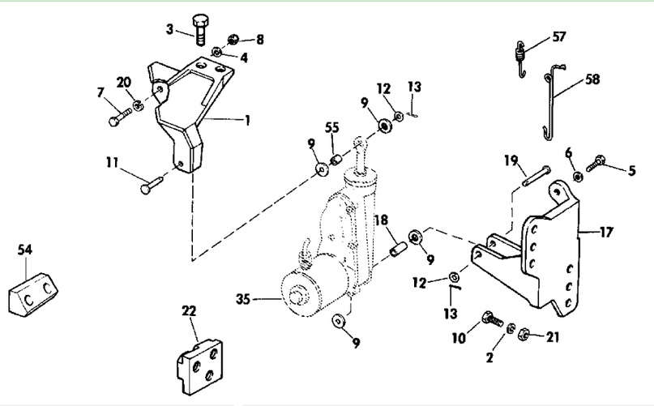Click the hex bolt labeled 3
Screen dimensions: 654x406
tap(200, 29)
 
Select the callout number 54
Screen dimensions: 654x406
tap(24, 250)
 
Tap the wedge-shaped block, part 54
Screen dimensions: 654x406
tap(33, 293)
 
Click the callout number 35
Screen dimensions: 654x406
tap(243, 299)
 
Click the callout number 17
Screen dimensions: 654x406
tap(606, 232)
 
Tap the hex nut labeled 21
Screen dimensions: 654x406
tap(524, 334)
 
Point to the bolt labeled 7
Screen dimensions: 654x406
tap(120, 117)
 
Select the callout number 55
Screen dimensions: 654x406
tap(332, 127)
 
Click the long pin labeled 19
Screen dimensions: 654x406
tap(536, 177)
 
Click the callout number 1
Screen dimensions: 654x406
tap(247, 121)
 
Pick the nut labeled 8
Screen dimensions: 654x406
tap(233, 40)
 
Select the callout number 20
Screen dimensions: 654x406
tap(123, 82)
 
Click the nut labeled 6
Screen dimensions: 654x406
tap(577, 177)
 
